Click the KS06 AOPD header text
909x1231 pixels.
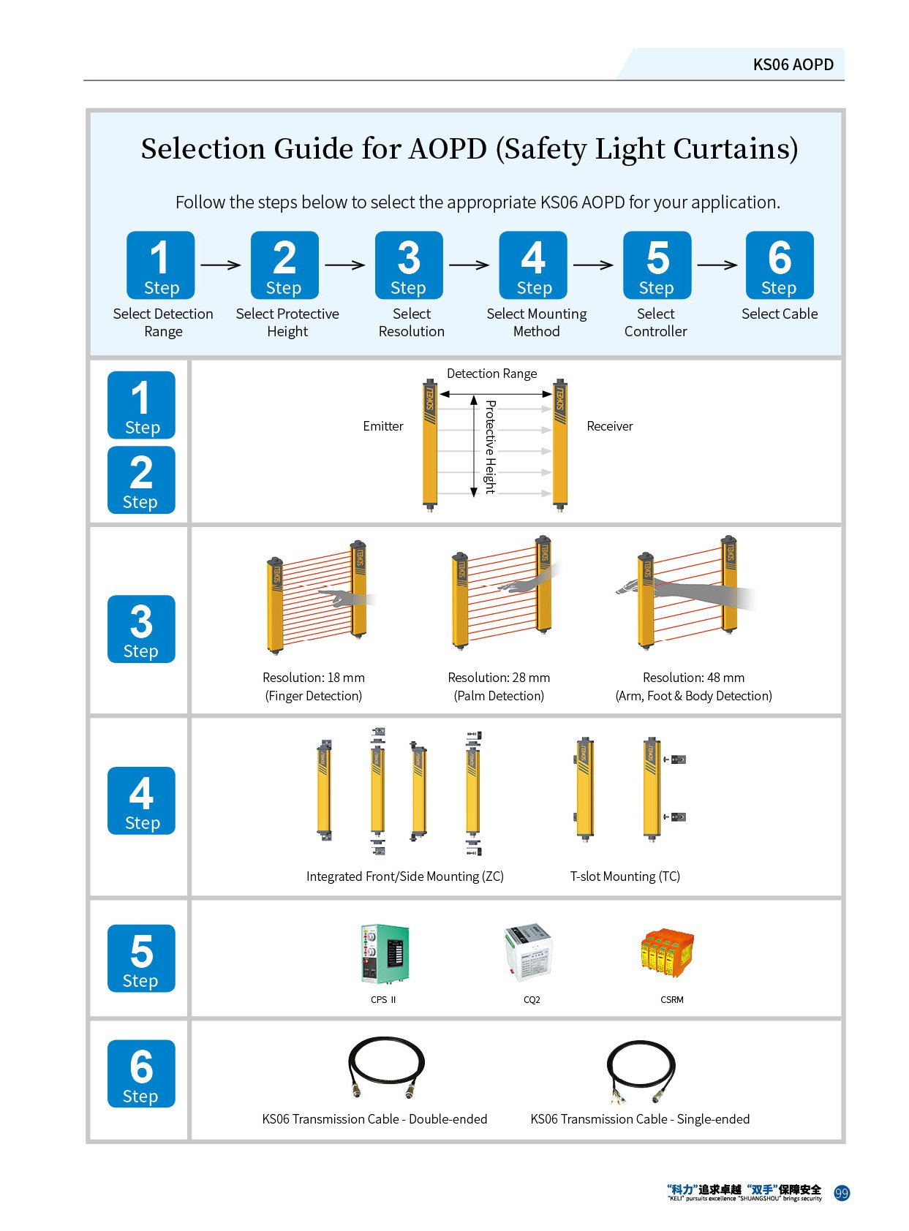pyautogui.click(x=792, y=64)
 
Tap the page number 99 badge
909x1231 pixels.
pyautogui.click(x=841, y=1192)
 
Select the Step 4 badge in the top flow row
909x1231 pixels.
pyautogui.click(x=532, y=265)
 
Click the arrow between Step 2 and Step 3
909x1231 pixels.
pyautogui.click(x=344, y=265)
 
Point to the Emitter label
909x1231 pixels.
pyautogui.click(x=382, y=425)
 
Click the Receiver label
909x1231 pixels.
pyautogui.click(x=608, y=425)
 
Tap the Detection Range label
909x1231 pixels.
pyautogui.click(x=491, y=373)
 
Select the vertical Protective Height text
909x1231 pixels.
pyautogui.click(x=489, y=446)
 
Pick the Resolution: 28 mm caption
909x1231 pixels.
pyautogui.click(x=498, y=677)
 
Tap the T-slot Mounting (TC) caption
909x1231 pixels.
pyautogui.click(x=624, y=876)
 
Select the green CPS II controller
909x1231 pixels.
pyautogui.click(x=383, y=953)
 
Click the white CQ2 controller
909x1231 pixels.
pyautogui.click(x=527, y=951)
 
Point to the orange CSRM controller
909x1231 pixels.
pyautogui.click(x=666, y=951)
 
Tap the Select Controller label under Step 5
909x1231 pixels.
pyautogui.click(x=655, y=322)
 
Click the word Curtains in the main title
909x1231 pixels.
pyautogui.click(x=735, y=148)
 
